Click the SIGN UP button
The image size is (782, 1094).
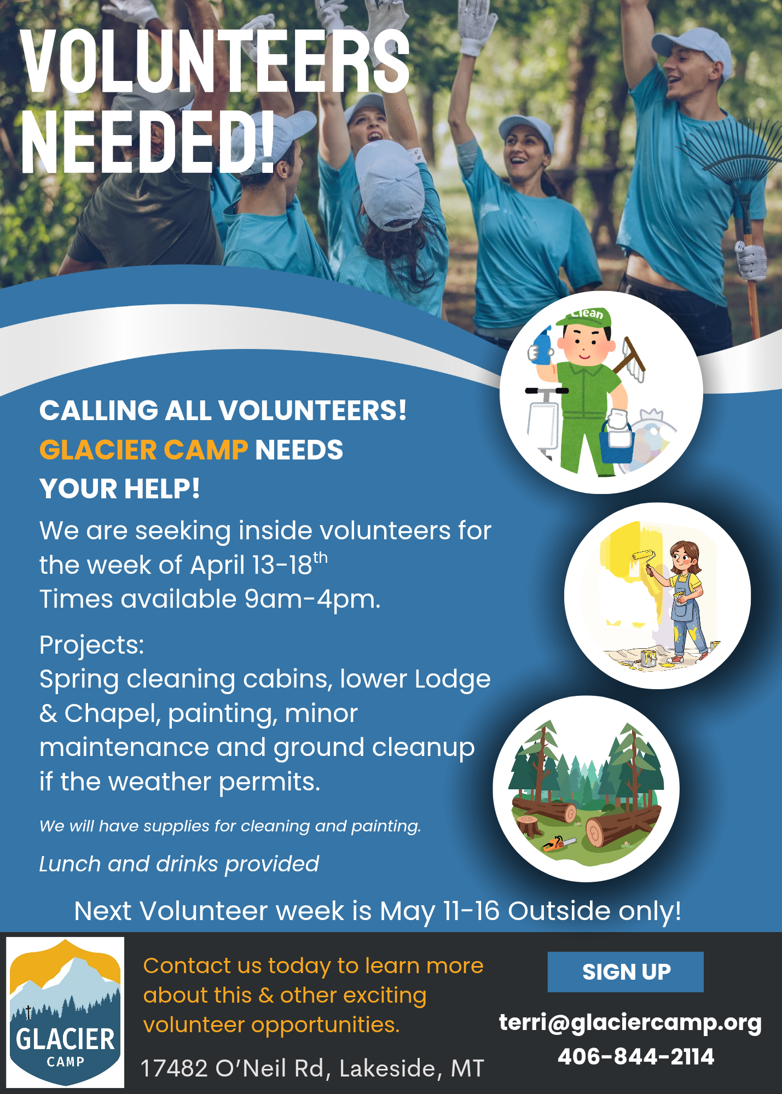click(x=625, y=972)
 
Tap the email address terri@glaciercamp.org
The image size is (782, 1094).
click(x=630, y=1022)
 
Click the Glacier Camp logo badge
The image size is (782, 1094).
click(x=65, y=1012)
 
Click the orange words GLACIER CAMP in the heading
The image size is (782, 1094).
click(x=144, y=450)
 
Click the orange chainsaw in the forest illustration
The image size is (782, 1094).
click(x=558, y=843)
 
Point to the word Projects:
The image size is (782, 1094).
click(x=92, y=645)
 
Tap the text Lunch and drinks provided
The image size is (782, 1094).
click(x=179, y=864)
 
